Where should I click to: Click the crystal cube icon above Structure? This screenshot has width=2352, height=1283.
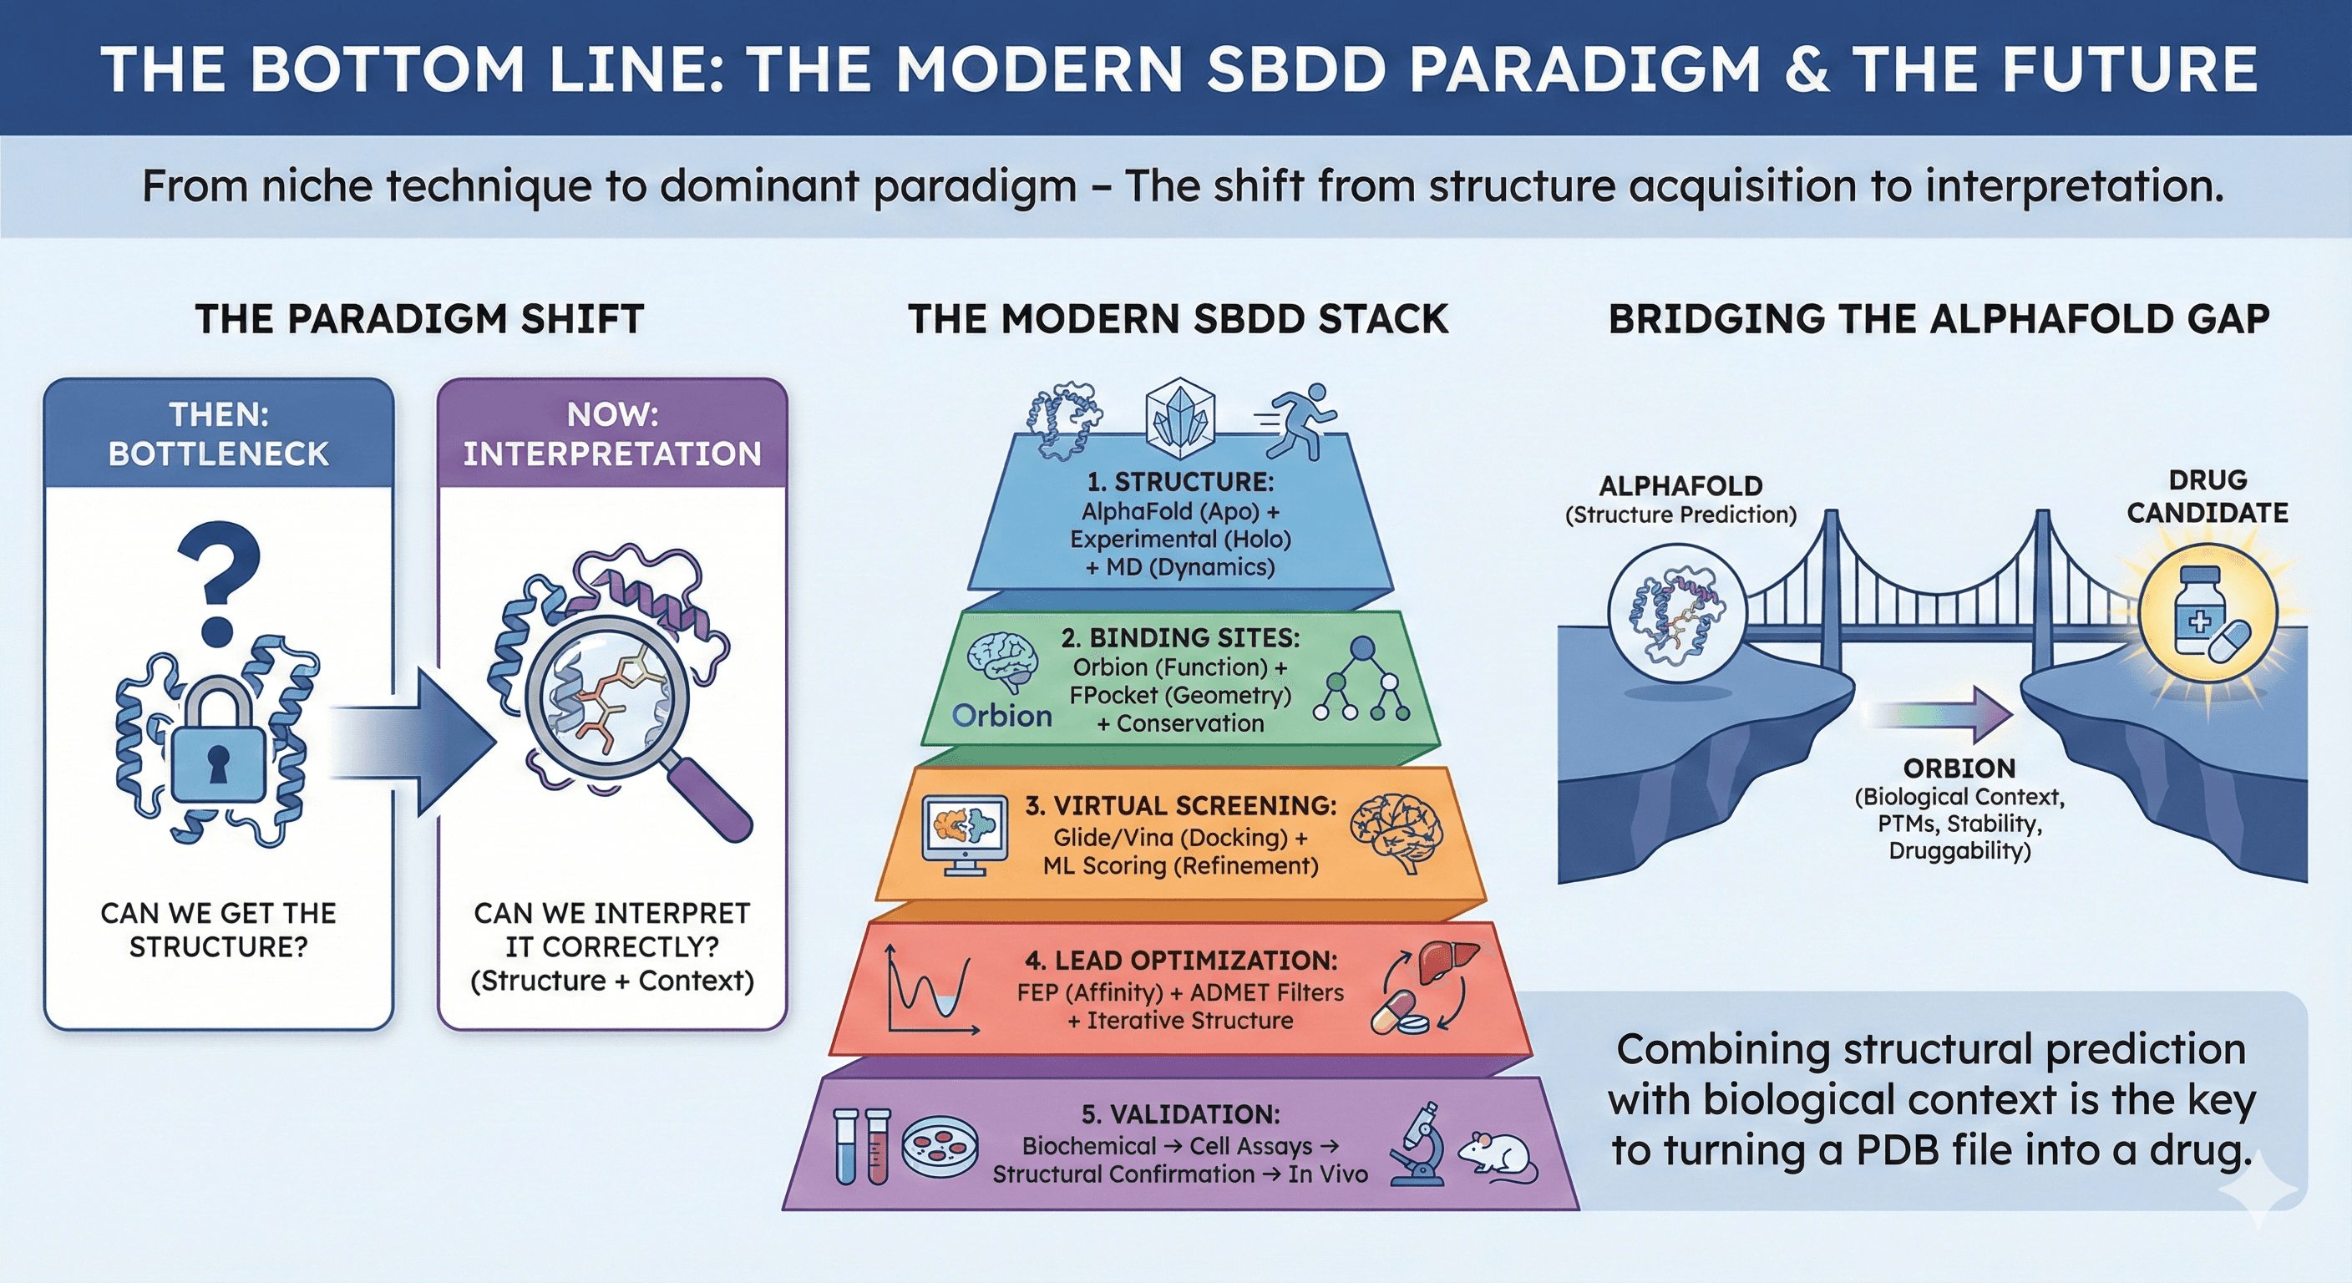[x=1180, y=418]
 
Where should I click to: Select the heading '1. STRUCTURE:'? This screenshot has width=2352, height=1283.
[x=1179, y=481]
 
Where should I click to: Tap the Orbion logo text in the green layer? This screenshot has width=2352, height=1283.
[x=1001, y=716]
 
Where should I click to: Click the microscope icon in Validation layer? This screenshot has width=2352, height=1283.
[x=1418, y=1145]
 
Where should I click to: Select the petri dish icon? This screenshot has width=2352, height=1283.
[x=940, y=1146]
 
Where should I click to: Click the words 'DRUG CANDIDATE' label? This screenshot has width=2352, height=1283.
[x=2207, y=497]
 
